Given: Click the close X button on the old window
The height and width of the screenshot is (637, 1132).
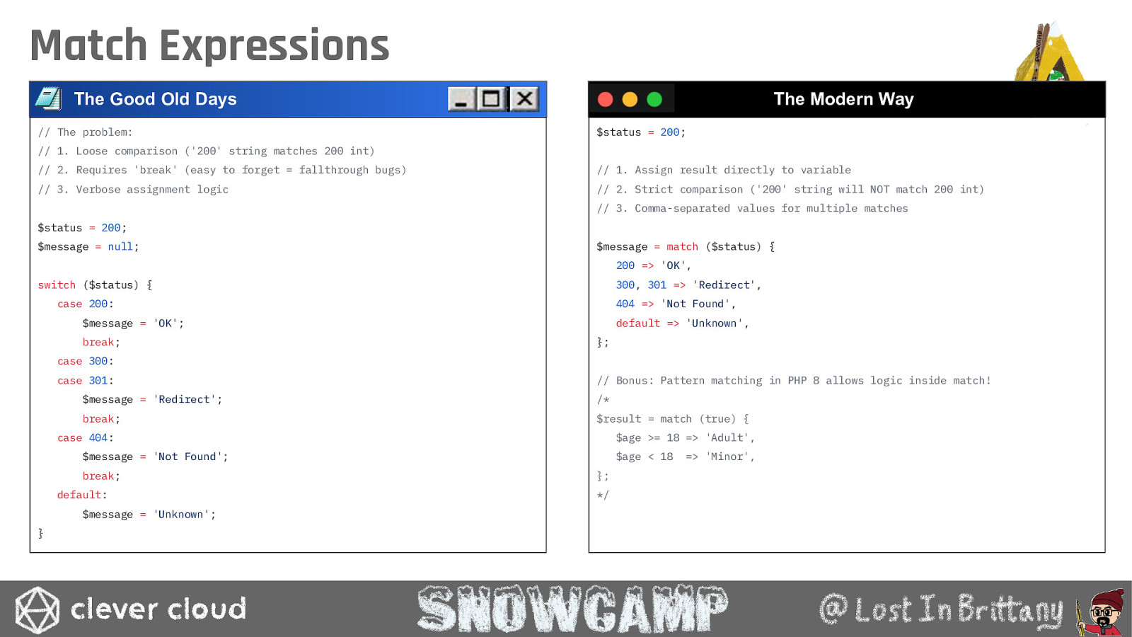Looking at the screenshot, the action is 524,98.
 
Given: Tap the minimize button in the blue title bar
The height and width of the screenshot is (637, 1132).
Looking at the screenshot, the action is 461,98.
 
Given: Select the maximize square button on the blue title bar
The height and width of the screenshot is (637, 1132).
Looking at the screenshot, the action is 491,98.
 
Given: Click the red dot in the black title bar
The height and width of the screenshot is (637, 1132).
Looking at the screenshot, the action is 606,99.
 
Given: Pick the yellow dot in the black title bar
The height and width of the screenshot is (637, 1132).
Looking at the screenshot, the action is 630,99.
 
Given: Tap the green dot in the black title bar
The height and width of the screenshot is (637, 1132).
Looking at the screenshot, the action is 654,99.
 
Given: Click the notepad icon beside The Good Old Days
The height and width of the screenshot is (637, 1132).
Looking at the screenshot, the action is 49,98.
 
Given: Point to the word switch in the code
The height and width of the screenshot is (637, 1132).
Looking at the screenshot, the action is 57,285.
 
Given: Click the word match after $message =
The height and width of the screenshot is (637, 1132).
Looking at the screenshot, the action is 682,247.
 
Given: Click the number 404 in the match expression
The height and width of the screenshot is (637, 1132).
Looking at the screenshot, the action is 625,304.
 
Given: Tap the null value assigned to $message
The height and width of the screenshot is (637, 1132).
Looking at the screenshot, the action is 120,247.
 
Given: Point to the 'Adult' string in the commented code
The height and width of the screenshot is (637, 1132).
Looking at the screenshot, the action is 727,438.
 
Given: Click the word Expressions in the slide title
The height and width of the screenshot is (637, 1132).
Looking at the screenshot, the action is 275,45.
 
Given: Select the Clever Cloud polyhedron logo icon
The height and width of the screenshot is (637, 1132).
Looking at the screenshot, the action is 37,609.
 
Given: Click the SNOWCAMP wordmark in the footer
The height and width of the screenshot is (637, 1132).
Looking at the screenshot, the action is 572,608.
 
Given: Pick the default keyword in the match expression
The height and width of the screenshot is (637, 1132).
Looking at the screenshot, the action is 637,323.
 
